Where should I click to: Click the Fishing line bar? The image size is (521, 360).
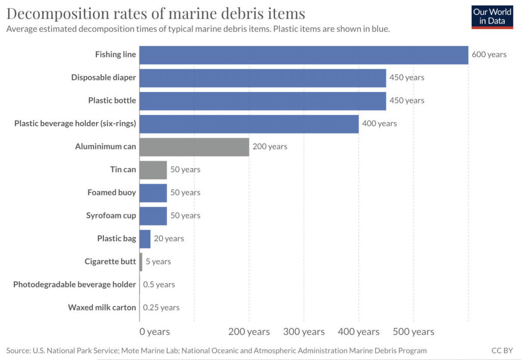304,55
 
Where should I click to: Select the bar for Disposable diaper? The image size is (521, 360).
263,78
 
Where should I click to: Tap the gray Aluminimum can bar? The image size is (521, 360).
194,147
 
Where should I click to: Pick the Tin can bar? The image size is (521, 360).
153,170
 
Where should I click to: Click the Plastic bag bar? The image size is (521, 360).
145,239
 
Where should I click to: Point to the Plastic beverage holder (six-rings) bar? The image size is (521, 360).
249,124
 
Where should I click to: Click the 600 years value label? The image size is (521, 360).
489,54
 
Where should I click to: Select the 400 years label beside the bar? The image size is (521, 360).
380,123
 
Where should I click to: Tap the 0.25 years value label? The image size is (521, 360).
161,308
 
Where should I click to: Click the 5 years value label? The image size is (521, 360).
158,262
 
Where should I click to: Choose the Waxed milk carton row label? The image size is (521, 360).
102,308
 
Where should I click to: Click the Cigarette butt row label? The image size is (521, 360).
110,262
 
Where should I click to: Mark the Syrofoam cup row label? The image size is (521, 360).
111,215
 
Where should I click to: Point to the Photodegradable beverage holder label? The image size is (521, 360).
75,285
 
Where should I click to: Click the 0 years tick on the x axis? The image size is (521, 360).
155,332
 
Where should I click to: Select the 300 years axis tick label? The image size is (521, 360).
304,332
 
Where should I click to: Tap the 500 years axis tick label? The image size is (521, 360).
413,332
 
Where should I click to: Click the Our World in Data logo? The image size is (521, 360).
493,16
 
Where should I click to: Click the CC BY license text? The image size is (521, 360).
502,350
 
